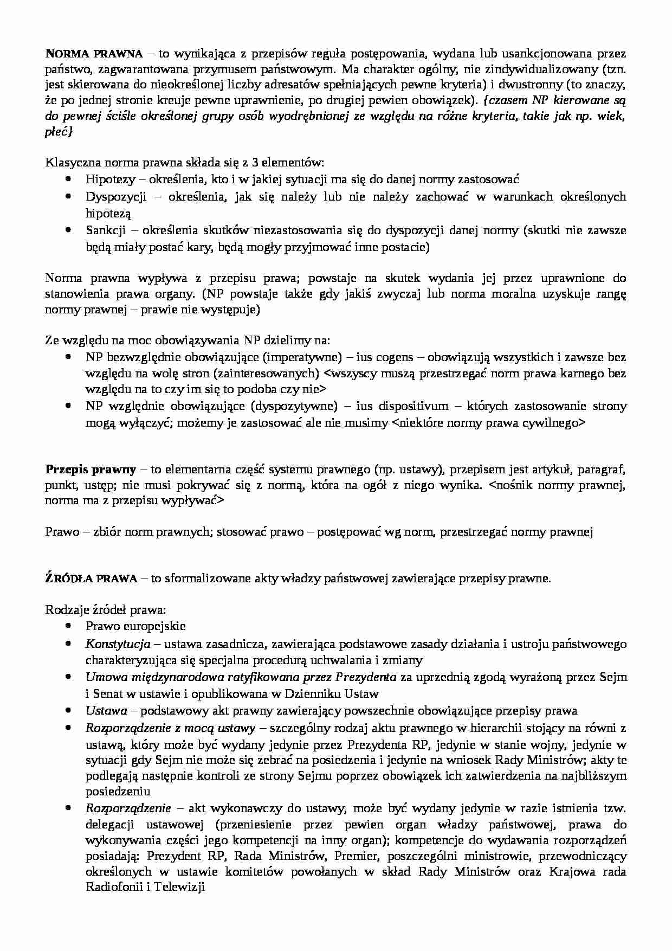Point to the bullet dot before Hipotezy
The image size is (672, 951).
(68, 179)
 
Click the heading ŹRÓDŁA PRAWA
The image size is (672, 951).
(91, 578)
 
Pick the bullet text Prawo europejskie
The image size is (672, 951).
(135, 626)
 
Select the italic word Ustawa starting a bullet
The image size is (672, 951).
(106, 710)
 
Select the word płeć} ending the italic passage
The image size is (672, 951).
(57, 132)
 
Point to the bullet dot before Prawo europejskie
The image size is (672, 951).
(68, 626)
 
